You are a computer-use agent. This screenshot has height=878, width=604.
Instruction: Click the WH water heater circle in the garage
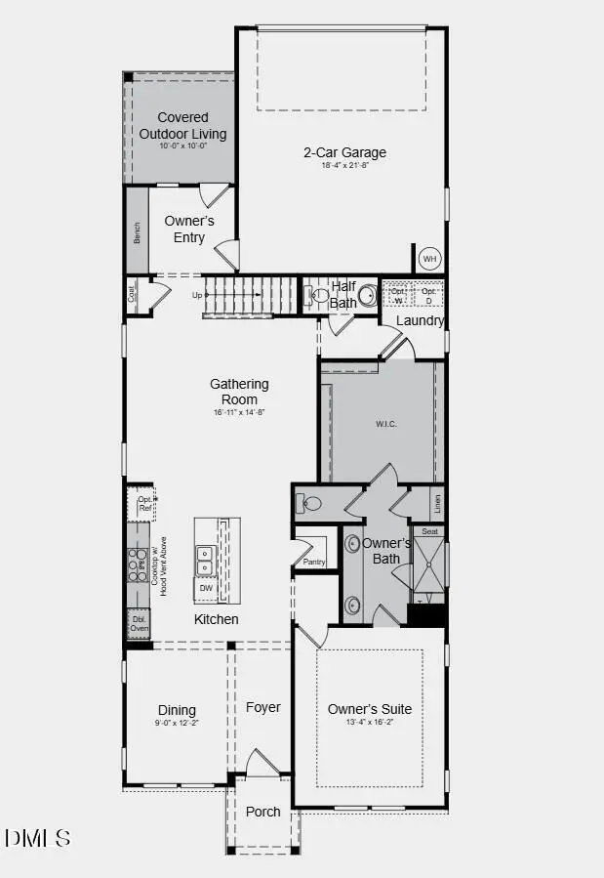click(430, 259)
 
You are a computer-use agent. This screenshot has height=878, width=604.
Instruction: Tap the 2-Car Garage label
click(344, 152)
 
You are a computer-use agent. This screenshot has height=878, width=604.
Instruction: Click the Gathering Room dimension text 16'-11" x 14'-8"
click(239, 412)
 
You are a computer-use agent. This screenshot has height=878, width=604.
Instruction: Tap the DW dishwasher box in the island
click(206, 588)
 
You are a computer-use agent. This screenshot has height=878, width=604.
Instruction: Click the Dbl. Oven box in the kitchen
click(139, 623)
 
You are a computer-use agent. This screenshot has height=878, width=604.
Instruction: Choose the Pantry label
click(314, 562)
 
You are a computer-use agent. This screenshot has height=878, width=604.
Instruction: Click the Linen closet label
click(437, 504)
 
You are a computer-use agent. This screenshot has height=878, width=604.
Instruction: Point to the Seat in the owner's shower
click(429, 532)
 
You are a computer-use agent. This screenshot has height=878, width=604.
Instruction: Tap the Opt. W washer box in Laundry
click(397, 294)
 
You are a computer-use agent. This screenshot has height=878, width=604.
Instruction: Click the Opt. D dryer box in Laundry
click(428, 294)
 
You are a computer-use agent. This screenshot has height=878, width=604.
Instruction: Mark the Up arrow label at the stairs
click(197, 294)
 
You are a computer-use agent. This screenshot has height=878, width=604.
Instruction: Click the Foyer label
click(262, 707)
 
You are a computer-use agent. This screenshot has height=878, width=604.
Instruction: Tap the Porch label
click(262, 812)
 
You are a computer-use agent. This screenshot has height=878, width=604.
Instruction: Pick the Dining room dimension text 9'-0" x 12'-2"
click(177, 725)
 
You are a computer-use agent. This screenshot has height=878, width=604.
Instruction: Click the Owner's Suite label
click(370, 709)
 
